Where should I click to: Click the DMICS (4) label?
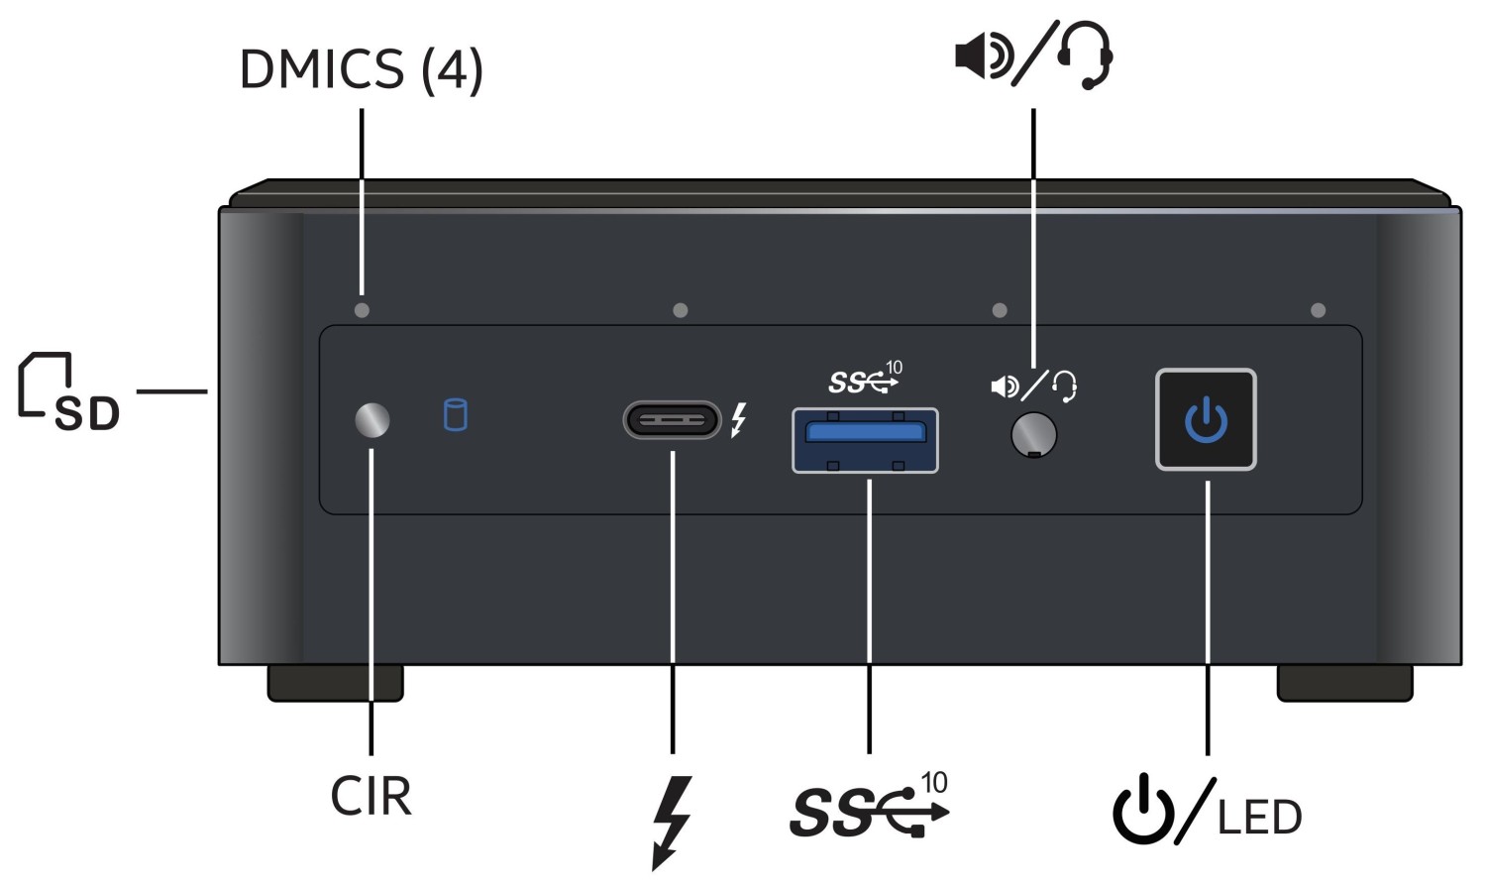(361, 69)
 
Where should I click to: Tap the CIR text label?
(371, 796)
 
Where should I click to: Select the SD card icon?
(67, 391)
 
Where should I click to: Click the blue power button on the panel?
(1206, 419)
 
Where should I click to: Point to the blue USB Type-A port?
(865, 439)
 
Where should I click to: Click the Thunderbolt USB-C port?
(672, 420)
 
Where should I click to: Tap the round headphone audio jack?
(1033, 434)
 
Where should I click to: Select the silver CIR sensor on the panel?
(372, 420)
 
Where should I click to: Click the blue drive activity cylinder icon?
(455, 414)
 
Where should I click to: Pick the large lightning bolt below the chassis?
(672, 822)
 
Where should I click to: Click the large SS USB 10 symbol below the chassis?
(869, 806)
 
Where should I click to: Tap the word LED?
(1258, 818)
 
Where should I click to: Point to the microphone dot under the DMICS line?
(362, 310)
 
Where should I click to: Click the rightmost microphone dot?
(1318, 310)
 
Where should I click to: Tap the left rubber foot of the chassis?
(335, 683)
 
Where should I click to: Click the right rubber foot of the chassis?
(1344, 683)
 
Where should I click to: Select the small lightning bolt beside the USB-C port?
(738, 420)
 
